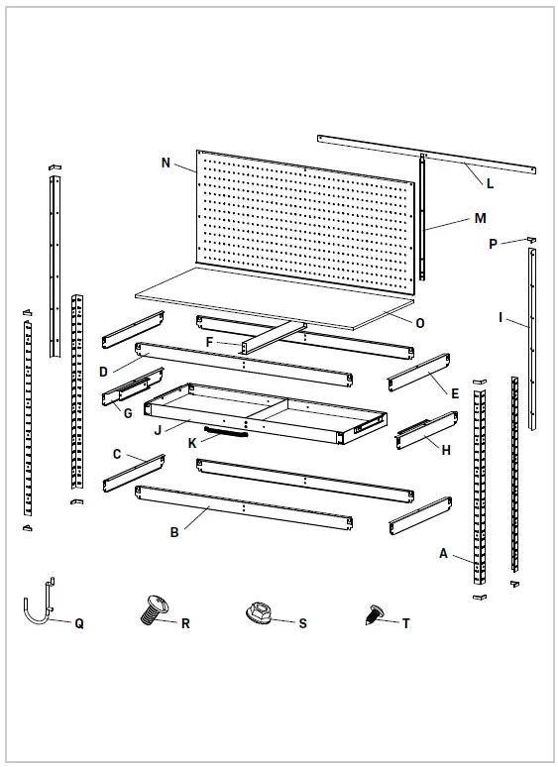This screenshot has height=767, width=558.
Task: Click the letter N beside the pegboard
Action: tap(165, 161)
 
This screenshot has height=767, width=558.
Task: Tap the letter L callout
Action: tap(490, 182)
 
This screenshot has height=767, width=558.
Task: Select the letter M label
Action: tap(481, 218)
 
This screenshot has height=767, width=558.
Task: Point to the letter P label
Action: tap(493, 244)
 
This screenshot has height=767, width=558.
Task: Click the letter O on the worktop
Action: tap(420, 322)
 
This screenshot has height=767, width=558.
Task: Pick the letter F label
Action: tap(210, 342)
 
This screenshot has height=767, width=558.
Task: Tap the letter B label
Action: tap(174, 533)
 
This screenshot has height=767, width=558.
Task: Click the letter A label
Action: tap(443, 554)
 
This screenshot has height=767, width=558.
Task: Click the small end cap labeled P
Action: tap(532, 240)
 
